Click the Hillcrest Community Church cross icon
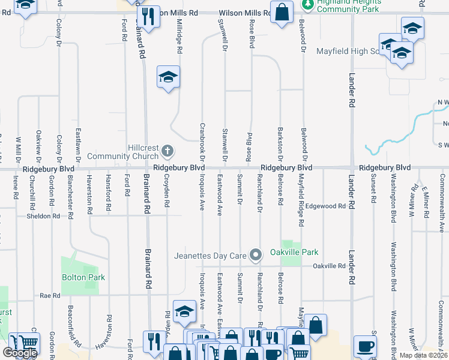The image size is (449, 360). click(x=168, y=149)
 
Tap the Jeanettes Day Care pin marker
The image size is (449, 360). click(x=256, y=256)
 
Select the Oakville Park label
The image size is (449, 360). click(x=294, y=252)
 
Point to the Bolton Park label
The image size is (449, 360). click(x=83, y=277)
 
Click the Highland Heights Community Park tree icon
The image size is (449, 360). click(x=308, y=5)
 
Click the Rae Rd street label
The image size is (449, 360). click(x=50, y=296)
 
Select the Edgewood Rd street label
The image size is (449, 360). click(x=325, y=206)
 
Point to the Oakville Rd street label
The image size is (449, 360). click(x=329, y=266)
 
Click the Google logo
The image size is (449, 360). click(x=19, y=353)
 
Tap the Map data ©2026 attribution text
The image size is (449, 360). click(x=423, y=355)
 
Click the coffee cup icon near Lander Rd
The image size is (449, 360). click(x=366, y=346)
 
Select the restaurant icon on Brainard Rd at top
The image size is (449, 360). click(x=148, y=17)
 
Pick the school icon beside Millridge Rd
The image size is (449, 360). click(x=169, y=77)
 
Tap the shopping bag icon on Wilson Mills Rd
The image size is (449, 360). click(x=282, y=12)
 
